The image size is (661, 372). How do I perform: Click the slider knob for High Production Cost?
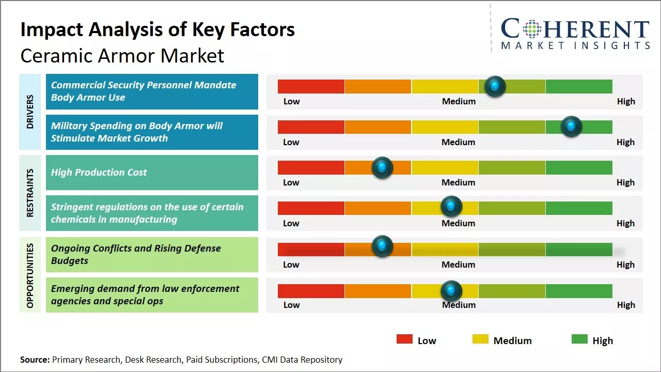pyautogui.click(x=382, y=167)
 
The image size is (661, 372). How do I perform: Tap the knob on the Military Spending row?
pyautogui.click(x=571, y=127)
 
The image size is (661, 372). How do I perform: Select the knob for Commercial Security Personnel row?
pyautogui.click(x=495, y=86)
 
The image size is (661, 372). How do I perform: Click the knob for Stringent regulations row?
pyautogui.click(x=451, y=207)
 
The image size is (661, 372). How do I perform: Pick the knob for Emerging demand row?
pyautogui.click(x=451, y=291)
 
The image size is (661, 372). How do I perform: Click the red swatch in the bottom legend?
pyautogui.click(x=404, y=339)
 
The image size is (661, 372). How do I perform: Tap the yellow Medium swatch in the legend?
pyautogui.click(x=480, y=339)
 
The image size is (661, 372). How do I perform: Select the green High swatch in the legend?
pyautogui.click(x=579, y=339)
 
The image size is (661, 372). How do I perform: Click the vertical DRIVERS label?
pyautogui.click(x=30, y=112)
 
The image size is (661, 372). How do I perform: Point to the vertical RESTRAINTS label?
pyautogui.click(x=30, y=193)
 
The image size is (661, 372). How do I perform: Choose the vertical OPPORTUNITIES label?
pyautogui.click(x=30, y=275)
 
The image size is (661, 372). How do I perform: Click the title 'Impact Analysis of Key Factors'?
pyautogui.click(x=158, y=29)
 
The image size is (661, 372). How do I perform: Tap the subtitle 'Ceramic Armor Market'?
pyautogui.click(x=122, y=55)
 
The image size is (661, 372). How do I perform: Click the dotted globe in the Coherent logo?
pyautogui.click(x=531, y=29)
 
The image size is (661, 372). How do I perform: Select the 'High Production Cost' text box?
pyautogui.click(x=152, y=173)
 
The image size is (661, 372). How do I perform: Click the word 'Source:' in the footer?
pyautogui.click(x=35, y=360)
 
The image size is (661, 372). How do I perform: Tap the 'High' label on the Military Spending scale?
pyautogui.click(x=625, y=142)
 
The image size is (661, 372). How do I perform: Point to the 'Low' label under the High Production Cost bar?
pyautogui.click(x=291, y=182)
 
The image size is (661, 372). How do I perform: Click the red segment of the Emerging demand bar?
pyautogui.click(x=311, y=291)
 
